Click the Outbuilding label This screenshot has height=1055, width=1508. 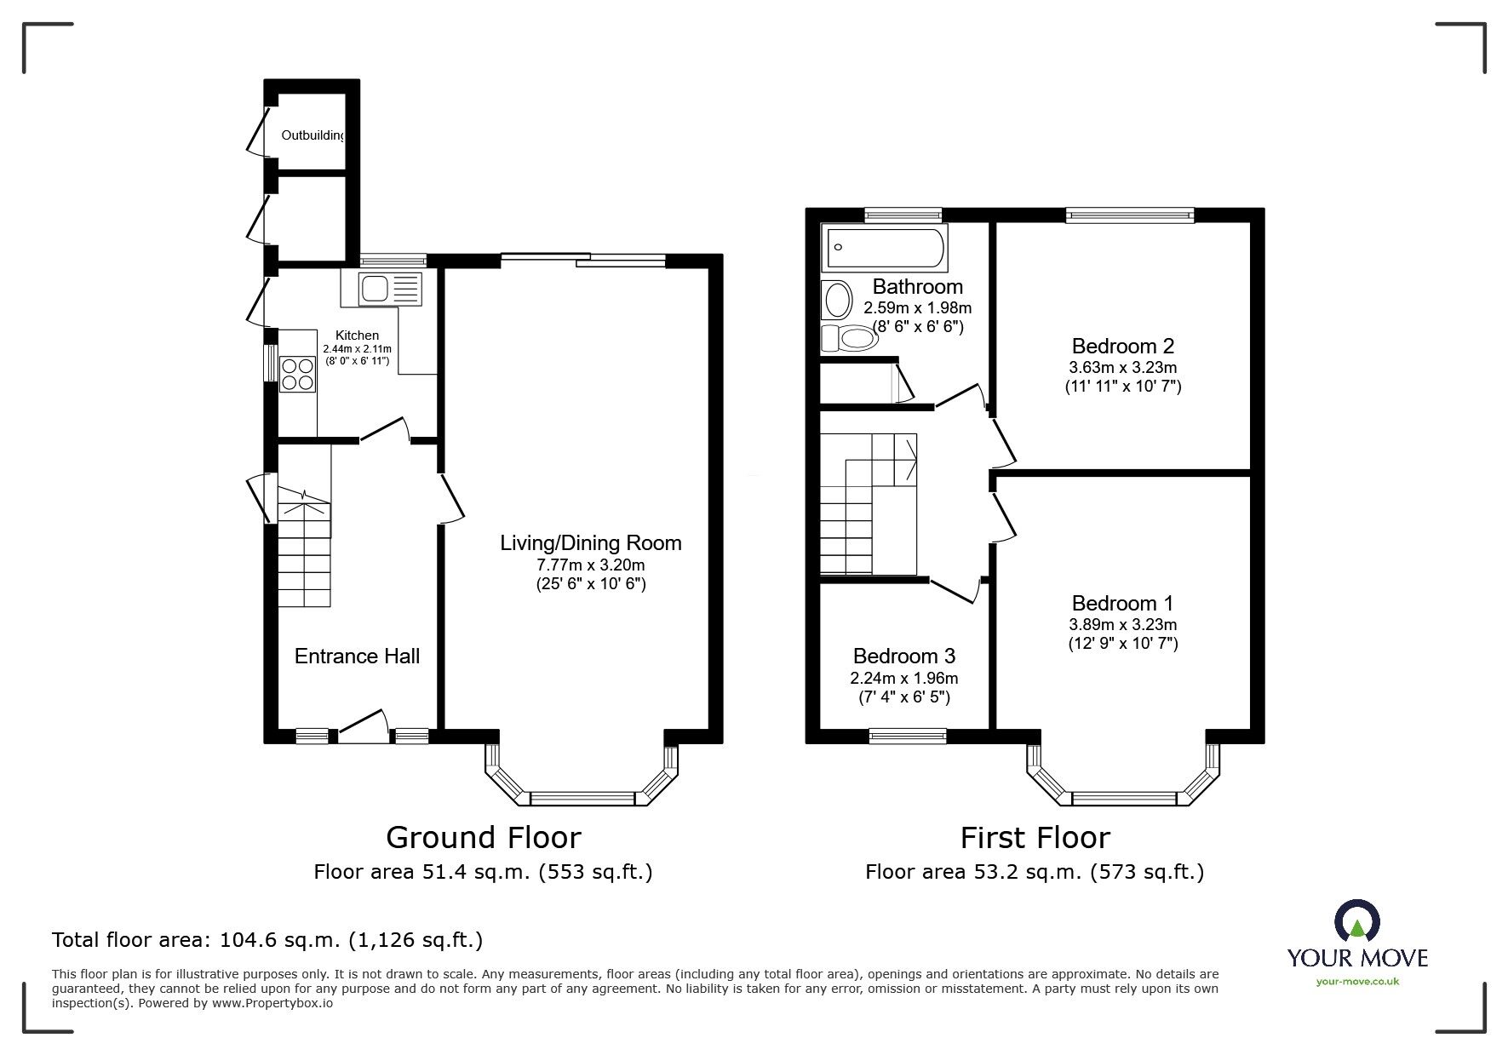(x=313, y=135)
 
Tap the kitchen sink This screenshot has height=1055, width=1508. (x=381, y=289)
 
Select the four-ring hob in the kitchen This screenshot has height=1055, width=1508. (x=297, y=373)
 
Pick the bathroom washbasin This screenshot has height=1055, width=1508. (x=837, y=300)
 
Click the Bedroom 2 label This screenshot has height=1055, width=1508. (x=1123, y=347)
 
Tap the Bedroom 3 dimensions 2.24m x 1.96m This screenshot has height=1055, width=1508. (x=903, y=679)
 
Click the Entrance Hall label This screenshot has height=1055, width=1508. (x=357, y=656)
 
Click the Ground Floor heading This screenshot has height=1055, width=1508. (x=484, y=838)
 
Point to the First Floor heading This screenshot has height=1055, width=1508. (x=1035, y=838)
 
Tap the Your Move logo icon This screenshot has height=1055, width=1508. (x=1357, y=921)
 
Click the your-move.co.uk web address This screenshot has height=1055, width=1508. (x=1357, y=982)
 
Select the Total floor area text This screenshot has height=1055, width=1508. (x=267, y=940)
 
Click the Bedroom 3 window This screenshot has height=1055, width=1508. (x=908, y=737)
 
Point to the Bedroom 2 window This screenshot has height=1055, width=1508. (x=1130, y=215)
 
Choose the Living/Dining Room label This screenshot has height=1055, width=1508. (x=591, y=542)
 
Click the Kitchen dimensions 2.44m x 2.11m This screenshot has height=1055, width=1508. (x=357, y=349)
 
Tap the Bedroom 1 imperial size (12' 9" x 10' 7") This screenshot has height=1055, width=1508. (x=1123, y=644)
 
